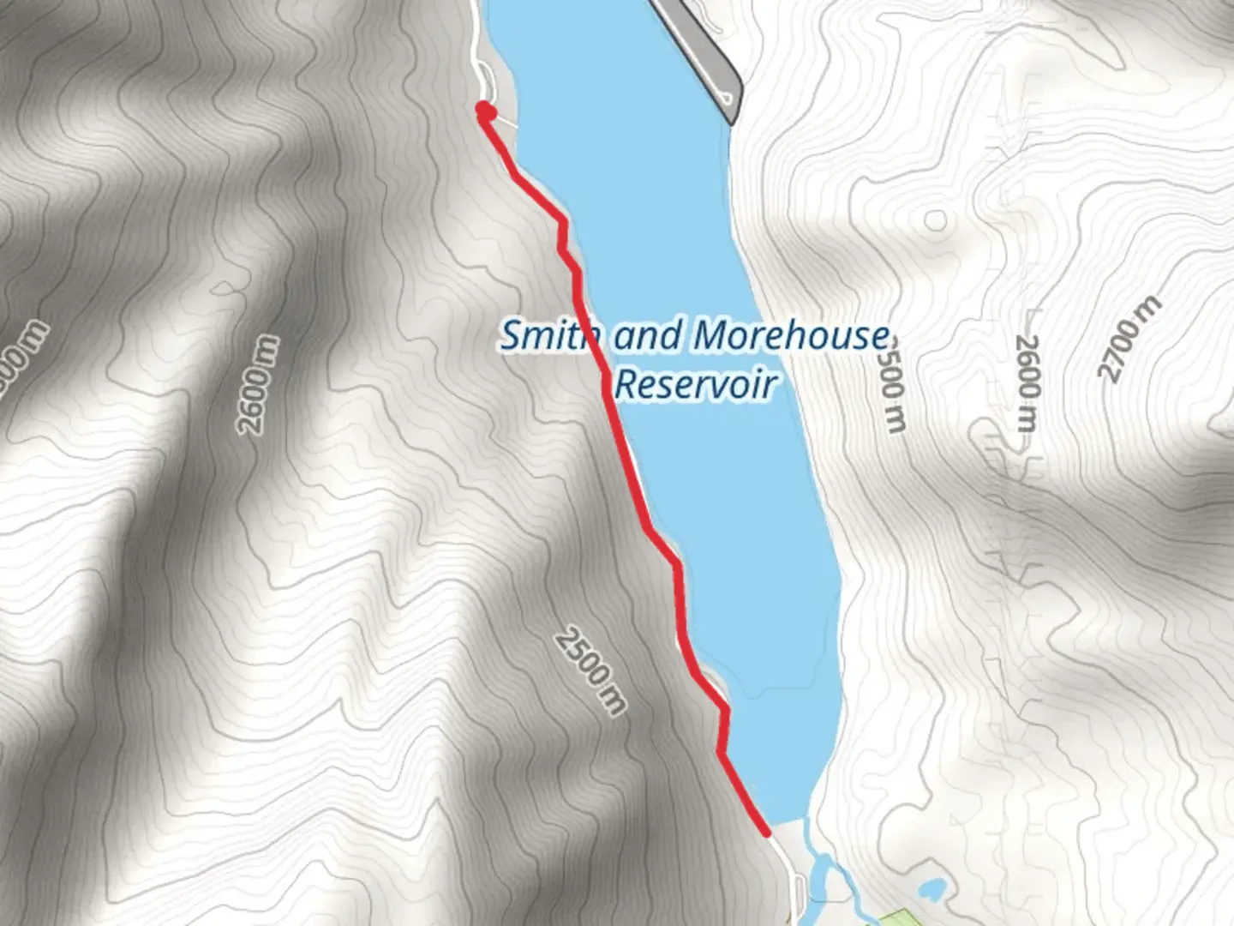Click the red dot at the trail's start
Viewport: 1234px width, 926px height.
click(x=486, y=111)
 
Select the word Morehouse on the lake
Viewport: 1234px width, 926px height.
click(x=790, y=335)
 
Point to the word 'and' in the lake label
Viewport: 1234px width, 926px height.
click(x=648, y=335)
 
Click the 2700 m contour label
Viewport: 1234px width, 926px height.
click(x=1130, y=339)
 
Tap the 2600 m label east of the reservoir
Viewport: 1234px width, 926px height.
click(x=1027, y=382)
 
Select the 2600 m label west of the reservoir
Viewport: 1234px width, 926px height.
click(x=260, y=385)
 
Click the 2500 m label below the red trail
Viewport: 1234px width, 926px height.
click(x=590, y=671)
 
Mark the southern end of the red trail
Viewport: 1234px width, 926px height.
click(x=766, y=831)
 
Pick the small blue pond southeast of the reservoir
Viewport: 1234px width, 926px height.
click(x=931, y=889)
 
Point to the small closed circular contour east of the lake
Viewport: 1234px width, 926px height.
click(x=935, y=220)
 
